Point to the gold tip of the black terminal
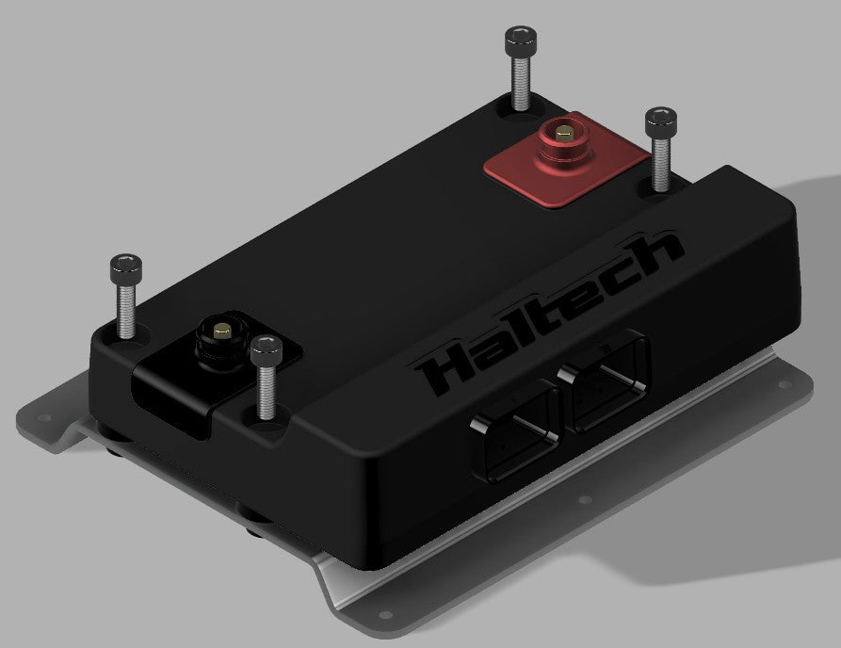(x=220, y=331)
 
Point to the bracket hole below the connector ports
(x=584, y=501)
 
